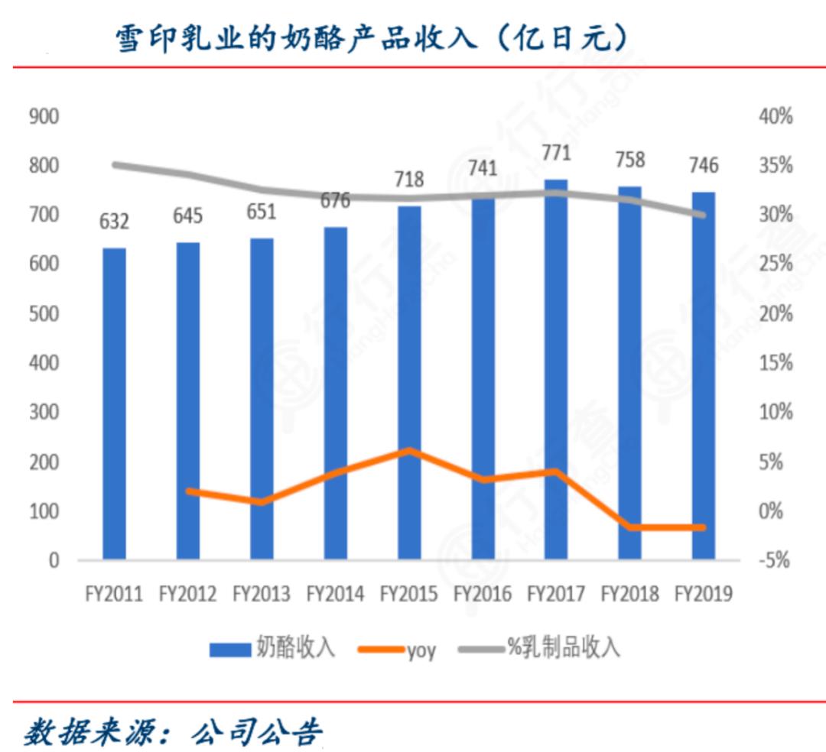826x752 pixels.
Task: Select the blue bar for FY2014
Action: coord(335,393)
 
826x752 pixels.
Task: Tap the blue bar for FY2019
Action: coord(704,374)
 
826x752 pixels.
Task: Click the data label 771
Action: coord(556,154)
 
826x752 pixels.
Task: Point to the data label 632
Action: coord(114,222)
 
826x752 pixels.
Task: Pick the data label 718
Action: coord(408,180)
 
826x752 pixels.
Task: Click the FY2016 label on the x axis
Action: coord(483,595)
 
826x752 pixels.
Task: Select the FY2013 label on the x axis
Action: coord(262,595)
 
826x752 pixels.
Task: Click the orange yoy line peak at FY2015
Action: coord(409,451)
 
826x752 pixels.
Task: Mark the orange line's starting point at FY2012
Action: coord(188,491)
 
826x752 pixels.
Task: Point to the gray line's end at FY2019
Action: coord(703,215)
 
